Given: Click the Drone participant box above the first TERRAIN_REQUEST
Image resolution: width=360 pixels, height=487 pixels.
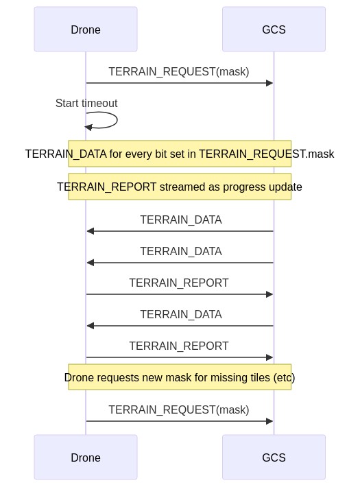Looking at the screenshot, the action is point(86,29).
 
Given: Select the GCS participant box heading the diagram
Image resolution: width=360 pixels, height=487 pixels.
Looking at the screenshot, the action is point(274,29).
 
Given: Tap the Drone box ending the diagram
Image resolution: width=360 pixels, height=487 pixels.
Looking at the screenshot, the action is point(86,458).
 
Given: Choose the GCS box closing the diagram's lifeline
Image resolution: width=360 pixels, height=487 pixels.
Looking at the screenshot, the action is point(274,458).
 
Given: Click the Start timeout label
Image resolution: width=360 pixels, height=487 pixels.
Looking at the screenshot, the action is point(86,103).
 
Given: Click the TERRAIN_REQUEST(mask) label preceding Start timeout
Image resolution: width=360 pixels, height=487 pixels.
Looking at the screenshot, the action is point(178,71).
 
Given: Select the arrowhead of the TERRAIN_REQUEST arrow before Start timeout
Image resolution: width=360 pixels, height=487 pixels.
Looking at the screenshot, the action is point(269,83).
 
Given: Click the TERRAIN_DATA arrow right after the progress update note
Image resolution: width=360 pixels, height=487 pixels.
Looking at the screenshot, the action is point(180,231).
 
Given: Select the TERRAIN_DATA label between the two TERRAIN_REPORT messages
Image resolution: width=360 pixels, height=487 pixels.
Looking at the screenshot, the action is point(181,314).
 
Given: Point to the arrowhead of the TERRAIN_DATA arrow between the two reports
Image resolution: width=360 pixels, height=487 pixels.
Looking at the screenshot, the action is point(91,326).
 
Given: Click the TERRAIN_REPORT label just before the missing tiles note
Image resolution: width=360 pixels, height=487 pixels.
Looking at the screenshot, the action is point(178,346).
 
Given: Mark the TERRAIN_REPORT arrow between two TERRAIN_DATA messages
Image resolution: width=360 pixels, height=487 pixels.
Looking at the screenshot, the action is point(180,294).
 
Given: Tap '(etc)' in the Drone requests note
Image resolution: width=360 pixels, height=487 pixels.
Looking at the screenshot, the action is point(284,378).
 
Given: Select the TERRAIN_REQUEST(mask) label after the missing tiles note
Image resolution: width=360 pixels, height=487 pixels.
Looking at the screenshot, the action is point(178,409).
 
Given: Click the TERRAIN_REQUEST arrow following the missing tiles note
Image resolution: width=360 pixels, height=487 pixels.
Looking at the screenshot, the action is point(180,421).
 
